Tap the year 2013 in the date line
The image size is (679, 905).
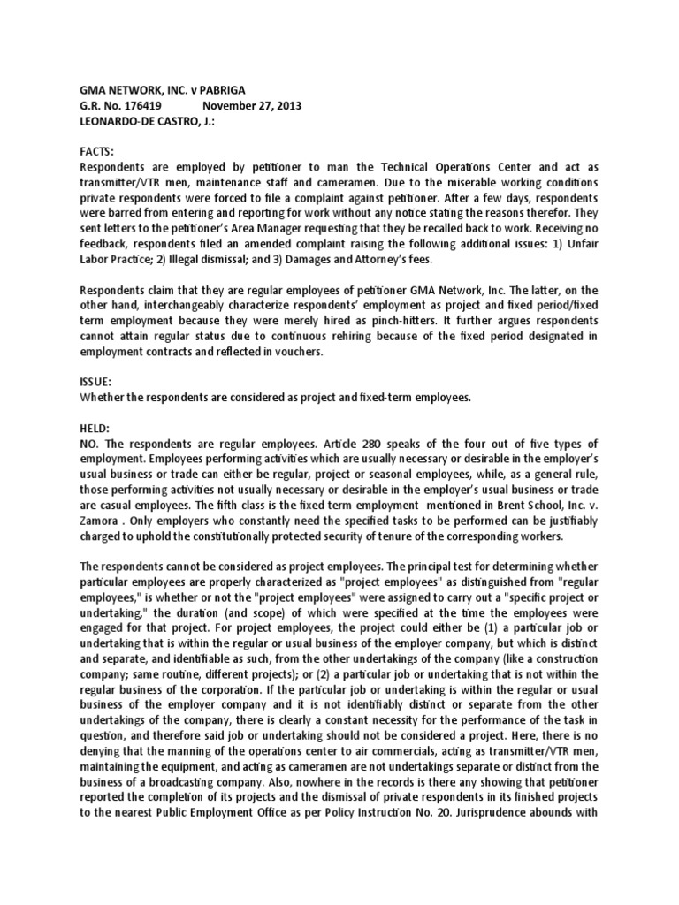tap(285, 105)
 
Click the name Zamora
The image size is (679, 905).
tap(103, 520)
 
